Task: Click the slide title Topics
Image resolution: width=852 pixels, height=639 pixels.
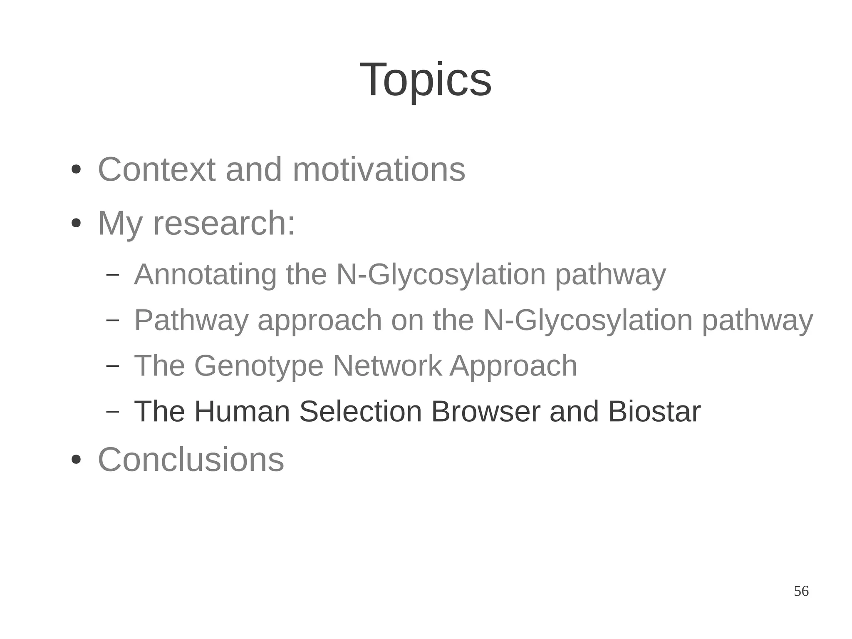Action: (x=425, y=80)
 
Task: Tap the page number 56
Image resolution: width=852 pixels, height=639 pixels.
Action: (x=801, y=591)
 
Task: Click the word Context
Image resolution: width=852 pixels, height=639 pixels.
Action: (x=156, y=169)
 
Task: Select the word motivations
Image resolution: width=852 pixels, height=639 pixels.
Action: (x=379, y=169)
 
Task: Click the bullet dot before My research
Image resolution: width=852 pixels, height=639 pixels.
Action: (x=76, y=224)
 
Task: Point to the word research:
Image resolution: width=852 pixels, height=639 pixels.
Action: (x=224, y=224)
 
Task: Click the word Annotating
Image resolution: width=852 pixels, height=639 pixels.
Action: (x=205, y=275)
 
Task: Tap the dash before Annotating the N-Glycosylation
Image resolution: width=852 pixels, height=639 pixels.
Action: (x=112, y=274)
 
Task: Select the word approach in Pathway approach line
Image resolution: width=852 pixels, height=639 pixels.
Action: (x=319, y=320)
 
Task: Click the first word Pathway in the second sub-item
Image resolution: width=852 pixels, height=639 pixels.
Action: (x=191, y=320)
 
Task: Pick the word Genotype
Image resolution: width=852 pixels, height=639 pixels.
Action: (x=258, y=366)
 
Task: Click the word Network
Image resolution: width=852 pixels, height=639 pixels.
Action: (x=387, y=366)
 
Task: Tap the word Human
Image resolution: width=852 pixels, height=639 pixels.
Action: (x=242, y=411)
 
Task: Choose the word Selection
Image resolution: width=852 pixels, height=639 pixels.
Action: (x=360, y=411)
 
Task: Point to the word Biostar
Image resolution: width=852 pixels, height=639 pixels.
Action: (x=654, y=411)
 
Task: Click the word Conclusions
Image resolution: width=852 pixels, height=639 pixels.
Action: (x=191, y=460)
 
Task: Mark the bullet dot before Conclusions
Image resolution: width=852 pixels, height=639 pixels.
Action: (x=76, y=460)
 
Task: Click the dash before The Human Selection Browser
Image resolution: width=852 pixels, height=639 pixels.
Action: (x=112, y=411)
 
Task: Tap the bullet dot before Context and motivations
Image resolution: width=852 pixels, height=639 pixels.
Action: (x=76, y=170)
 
